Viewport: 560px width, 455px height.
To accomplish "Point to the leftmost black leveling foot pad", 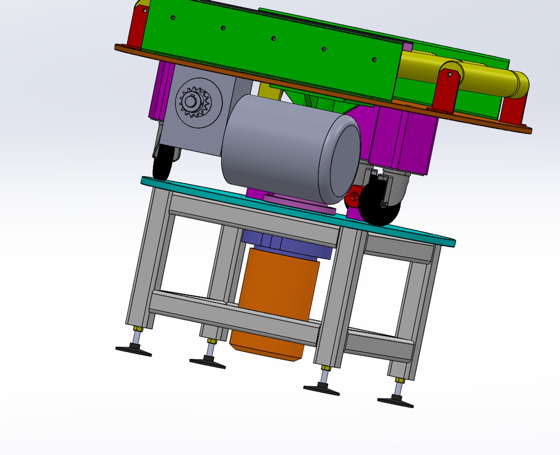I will point(134,350).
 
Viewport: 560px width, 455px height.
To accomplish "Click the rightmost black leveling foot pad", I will point(395,402).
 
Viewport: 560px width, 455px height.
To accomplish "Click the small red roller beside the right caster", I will point(353,196).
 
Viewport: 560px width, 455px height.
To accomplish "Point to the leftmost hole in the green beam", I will point(173,18).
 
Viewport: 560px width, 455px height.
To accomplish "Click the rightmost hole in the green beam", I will point(374,59).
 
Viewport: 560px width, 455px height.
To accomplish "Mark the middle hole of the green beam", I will point(273,38).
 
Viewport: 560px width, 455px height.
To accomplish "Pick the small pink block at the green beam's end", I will point(407,46).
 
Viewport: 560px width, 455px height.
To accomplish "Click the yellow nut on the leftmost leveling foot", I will point(137,329).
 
